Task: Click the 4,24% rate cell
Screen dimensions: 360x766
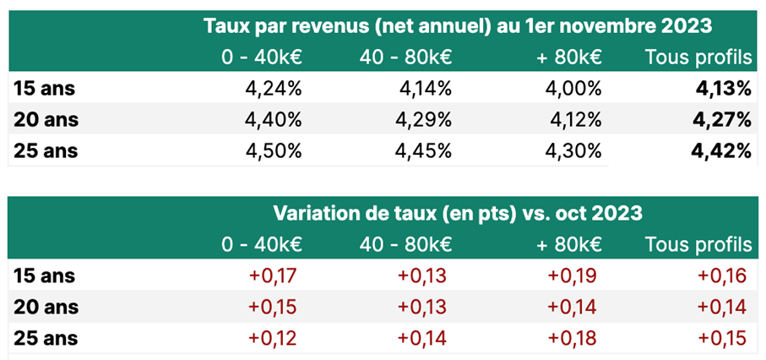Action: [273, 89]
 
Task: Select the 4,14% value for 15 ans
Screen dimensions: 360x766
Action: [423, 89]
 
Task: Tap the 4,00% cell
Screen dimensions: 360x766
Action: [573, 89]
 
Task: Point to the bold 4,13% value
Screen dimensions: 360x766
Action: [723, 89]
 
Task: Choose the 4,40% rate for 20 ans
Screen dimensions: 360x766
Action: [273, 120]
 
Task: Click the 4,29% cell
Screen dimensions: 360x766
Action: [423, 120]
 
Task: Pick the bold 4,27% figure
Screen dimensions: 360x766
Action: [723, 120]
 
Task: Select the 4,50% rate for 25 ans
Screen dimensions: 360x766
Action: [273, 152]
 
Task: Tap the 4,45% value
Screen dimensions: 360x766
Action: [423, 152]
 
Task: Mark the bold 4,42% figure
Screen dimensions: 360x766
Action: [723, 152]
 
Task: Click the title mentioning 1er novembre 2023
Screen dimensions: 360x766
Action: [458, 25]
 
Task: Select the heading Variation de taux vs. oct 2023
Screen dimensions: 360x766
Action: [458, 213]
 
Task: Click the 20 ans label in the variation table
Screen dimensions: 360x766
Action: [46, 308]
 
